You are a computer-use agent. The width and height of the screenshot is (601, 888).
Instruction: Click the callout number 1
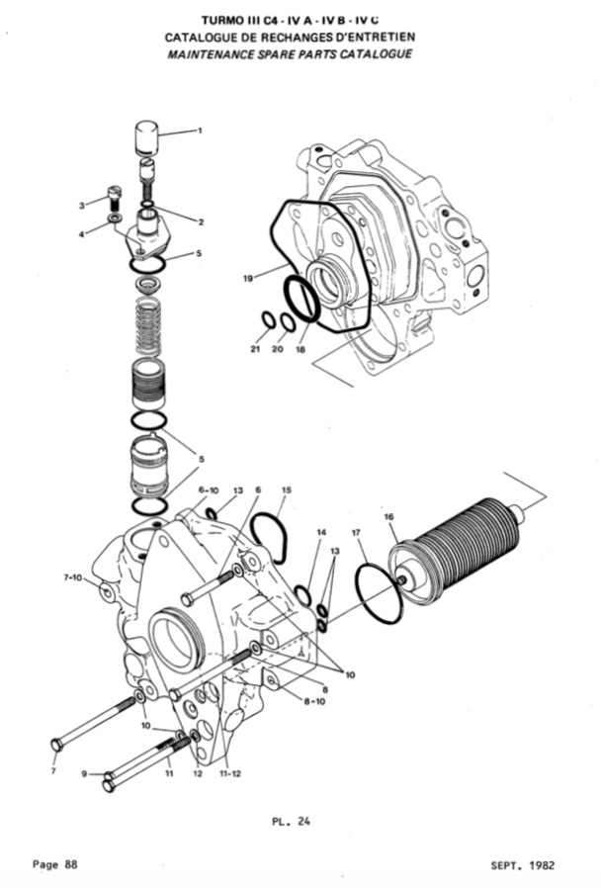tap(200, 131)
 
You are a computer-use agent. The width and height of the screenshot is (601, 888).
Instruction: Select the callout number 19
tap(248, 279)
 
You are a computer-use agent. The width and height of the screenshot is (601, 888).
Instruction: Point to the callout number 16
tap(388, 516)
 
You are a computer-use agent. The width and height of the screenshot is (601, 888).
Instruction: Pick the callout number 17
tap(356, 533)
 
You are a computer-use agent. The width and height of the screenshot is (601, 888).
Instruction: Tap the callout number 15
tap(287, 489)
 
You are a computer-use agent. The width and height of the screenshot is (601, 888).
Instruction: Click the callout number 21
tap(255, 349)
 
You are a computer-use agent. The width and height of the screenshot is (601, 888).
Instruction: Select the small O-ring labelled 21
tap(269, 320)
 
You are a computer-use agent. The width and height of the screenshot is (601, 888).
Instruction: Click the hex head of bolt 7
tap(56, 745)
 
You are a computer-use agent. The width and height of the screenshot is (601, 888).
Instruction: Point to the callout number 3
tap(81, 205)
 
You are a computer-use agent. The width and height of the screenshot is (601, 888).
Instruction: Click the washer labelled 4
tap(114, 219)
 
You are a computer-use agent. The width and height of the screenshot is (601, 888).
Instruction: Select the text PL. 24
tap(291, 821)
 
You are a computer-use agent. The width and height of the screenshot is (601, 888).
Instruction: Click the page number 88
tap(71, 864)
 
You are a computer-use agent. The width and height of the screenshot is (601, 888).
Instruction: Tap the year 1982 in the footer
tap(542, 865)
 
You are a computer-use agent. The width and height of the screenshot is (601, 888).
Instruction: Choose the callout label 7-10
tap(73, 577)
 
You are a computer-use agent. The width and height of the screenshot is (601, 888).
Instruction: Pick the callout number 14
tap(321, 532)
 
